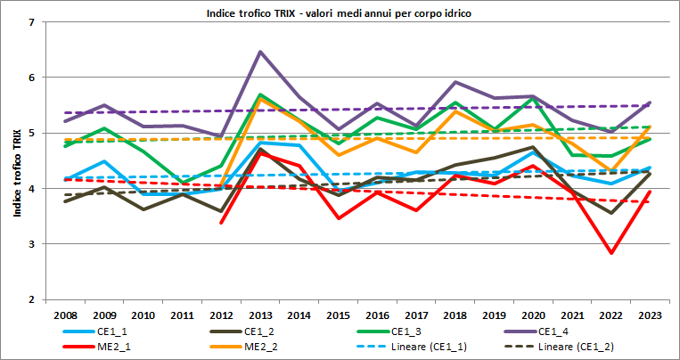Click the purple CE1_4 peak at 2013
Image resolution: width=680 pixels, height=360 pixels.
[x=259, y=52]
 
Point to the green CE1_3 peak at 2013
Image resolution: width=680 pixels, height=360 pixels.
[x=259, y=94]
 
